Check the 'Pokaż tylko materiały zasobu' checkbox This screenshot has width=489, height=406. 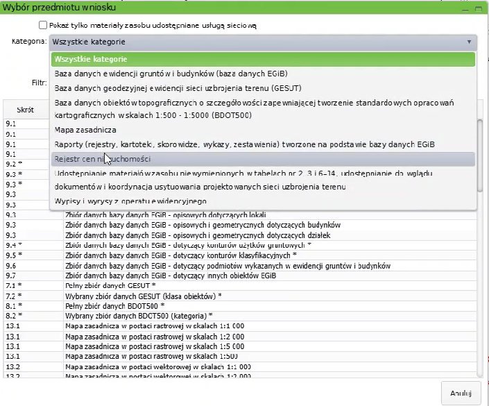pos(44,25)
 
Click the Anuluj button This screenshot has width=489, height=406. pos(461,393)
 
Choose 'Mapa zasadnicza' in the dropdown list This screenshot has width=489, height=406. pos(85,129)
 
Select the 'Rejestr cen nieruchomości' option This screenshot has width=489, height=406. pos(104,159)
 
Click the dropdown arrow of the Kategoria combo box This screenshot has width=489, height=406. pos(470,42)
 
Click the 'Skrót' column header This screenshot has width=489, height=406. pos(26,110)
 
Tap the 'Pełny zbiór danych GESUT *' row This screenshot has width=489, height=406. pos(110,285)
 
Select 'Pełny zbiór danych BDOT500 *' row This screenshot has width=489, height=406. pos(114,305)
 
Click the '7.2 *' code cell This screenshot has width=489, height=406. pos(14,296)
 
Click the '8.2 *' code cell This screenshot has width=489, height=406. pos(14,316)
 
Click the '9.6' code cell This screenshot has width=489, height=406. pos(11,265)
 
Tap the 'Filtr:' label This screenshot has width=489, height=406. pos(39,82)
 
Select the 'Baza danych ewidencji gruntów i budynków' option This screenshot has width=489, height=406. pos(171,74)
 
